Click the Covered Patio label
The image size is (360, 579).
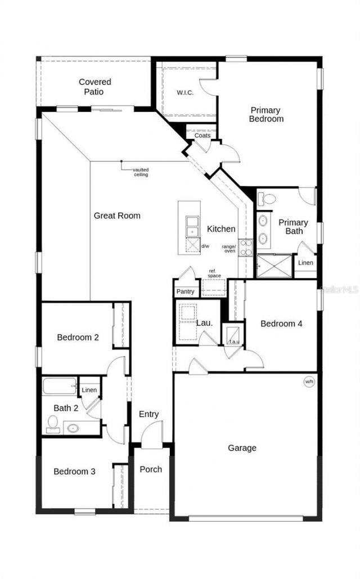(94, 87)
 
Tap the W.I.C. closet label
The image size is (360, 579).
(185, 93)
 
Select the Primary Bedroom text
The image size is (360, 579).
(266, 114)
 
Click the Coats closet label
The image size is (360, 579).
(202, 136)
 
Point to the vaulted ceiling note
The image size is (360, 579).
(141, 172)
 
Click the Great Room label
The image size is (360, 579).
(117, 216)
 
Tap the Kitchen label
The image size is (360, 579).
(221, 229)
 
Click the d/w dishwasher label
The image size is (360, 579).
(206, 246)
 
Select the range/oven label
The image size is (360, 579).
(228, 248)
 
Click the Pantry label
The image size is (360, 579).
(185, 291)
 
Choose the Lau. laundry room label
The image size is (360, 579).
(204, 323)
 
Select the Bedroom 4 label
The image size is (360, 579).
(281, 324)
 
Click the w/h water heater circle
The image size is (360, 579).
(309, 382)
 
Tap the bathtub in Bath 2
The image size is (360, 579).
(59, 386)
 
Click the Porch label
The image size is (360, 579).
(151, 469)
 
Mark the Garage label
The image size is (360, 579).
(242, 448)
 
